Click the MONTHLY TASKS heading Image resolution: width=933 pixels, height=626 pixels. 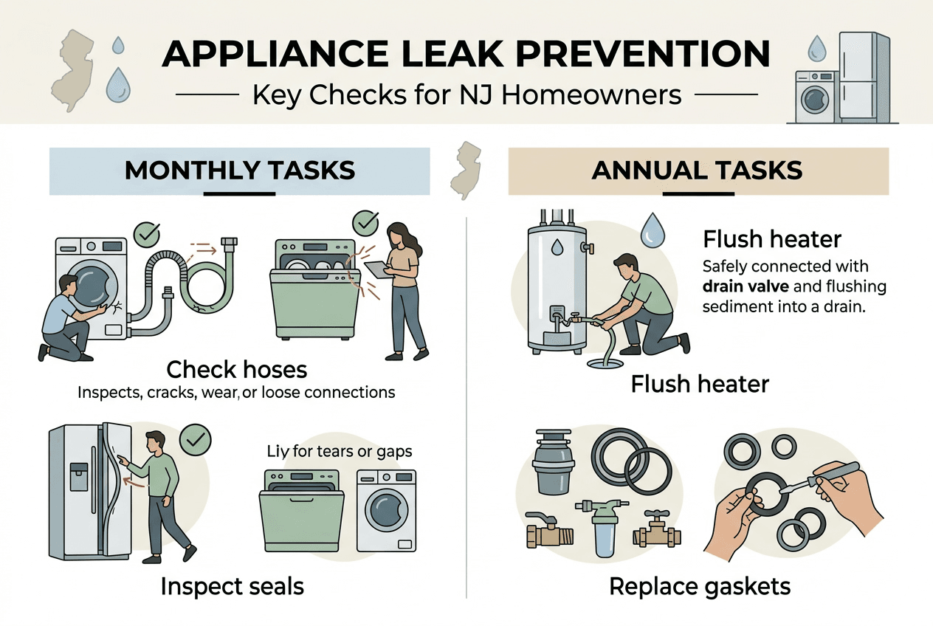(x=239, y=171)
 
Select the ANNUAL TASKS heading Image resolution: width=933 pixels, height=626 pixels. (x=697, y=171)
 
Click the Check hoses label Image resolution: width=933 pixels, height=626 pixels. (x=236, y=369)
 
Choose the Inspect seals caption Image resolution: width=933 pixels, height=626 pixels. (x=232, y=586)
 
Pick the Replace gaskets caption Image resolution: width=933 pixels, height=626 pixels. (x=700, y=586)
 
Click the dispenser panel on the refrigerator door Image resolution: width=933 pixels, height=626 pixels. (x=79, y=476)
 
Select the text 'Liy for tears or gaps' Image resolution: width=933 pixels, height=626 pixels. (x=340, y=451)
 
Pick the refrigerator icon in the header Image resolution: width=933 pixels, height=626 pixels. (x=864, y=77)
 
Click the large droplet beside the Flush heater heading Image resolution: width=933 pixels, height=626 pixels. (x=652, y=230)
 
